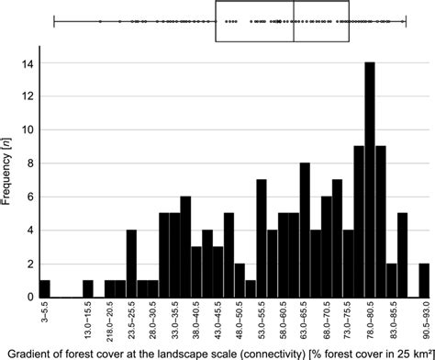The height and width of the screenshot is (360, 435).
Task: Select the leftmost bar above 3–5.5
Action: (x=44, y=288)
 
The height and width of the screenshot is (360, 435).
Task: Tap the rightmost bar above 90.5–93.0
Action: (x=424, y=280)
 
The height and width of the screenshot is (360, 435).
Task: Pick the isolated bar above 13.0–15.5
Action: (x=88, y=288)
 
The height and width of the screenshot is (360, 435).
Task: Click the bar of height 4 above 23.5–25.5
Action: (x=131, y=264)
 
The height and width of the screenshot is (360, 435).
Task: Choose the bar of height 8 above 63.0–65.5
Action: (x=305, y=231)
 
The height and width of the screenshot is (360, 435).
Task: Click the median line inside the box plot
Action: (x=294, y=21)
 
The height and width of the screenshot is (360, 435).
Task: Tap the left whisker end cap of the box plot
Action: (x=54, y=21)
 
